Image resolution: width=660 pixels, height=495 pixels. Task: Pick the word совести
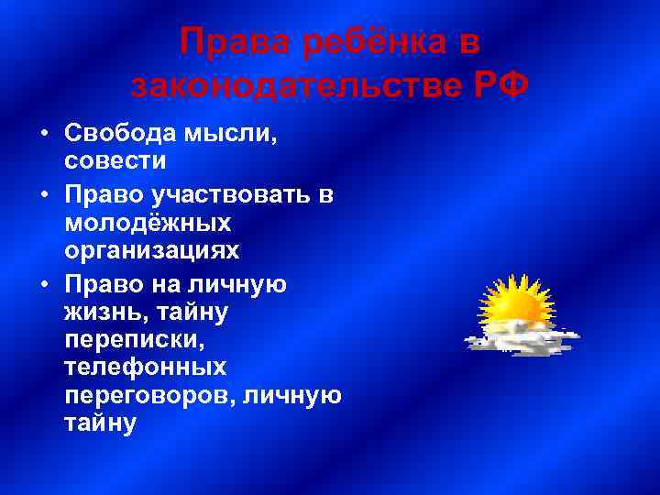pos(115,160)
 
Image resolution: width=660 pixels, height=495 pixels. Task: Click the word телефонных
pos(146,368)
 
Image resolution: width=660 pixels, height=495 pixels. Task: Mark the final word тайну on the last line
pos(100,423)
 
